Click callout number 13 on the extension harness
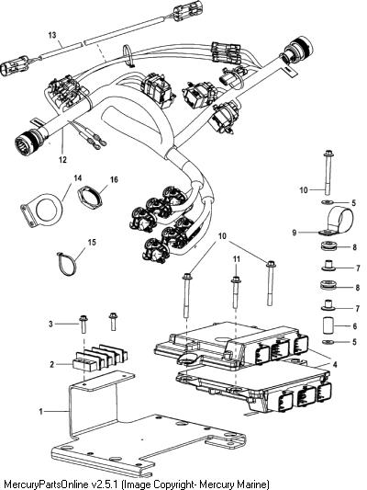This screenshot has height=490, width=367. (52, 35)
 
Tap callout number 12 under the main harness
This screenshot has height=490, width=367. (62, 160)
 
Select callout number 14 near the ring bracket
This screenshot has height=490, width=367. (78, 177)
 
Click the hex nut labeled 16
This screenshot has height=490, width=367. (90, 197)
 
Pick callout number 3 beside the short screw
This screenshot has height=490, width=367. (50, 324)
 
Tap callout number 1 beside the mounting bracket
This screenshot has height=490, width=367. (41, 411)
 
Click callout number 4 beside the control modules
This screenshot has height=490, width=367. (335, 364)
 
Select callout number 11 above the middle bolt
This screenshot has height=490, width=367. (237, 258)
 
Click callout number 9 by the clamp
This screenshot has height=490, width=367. (295, 233)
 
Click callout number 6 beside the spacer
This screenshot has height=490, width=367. (354, 326)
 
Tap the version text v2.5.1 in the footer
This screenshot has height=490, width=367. (105, 484)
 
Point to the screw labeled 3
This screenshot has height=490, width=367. (83, 325)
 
